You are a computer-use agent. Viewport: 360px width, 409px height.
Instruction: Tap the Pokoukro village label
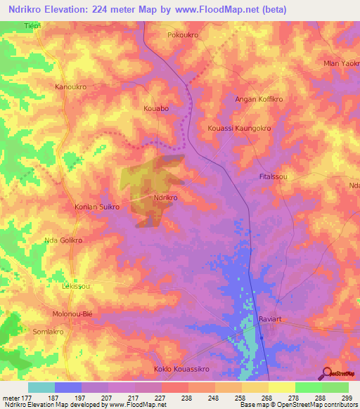click(185, 34)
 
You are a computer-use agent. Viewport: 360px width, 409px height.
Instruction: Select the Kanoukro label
click(70, 87)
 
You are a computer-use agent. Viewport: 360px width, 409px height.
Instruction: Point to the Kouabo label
click(156, 110)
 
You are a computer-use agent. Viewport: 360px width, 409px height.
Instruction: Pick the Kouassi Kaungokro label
click(240, 129)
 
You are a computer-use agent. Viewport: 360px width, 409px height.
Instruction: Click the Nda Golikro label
click(64, 240)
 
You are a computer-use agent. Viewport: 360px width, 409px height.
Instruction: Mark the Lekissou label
click(75, 287)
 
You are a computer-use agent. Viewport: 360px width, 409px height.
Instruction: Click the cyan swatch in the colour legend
click(41, 387)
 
